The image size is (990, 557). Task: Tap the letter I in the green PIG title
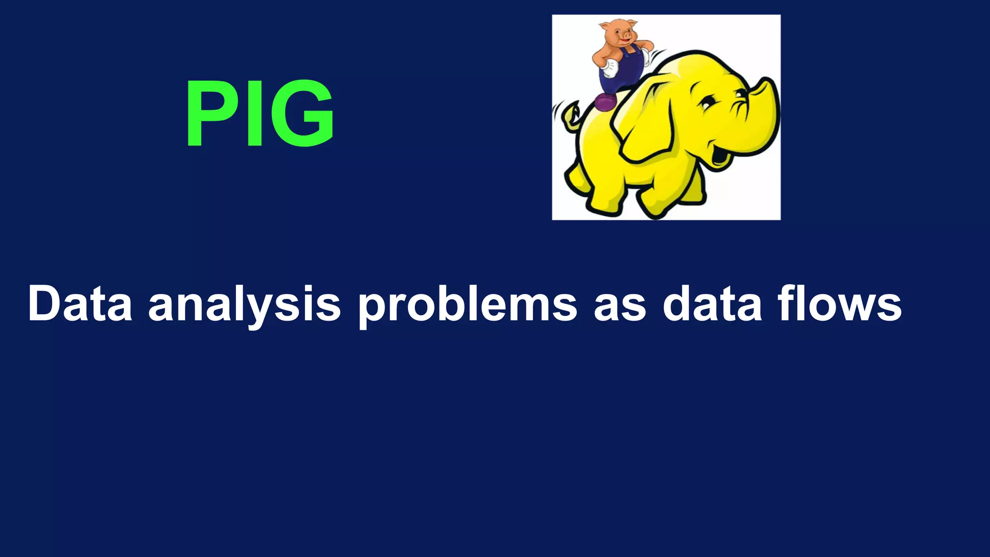point(254,114)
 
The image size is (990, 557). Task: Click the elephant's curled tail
point(570,114)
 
